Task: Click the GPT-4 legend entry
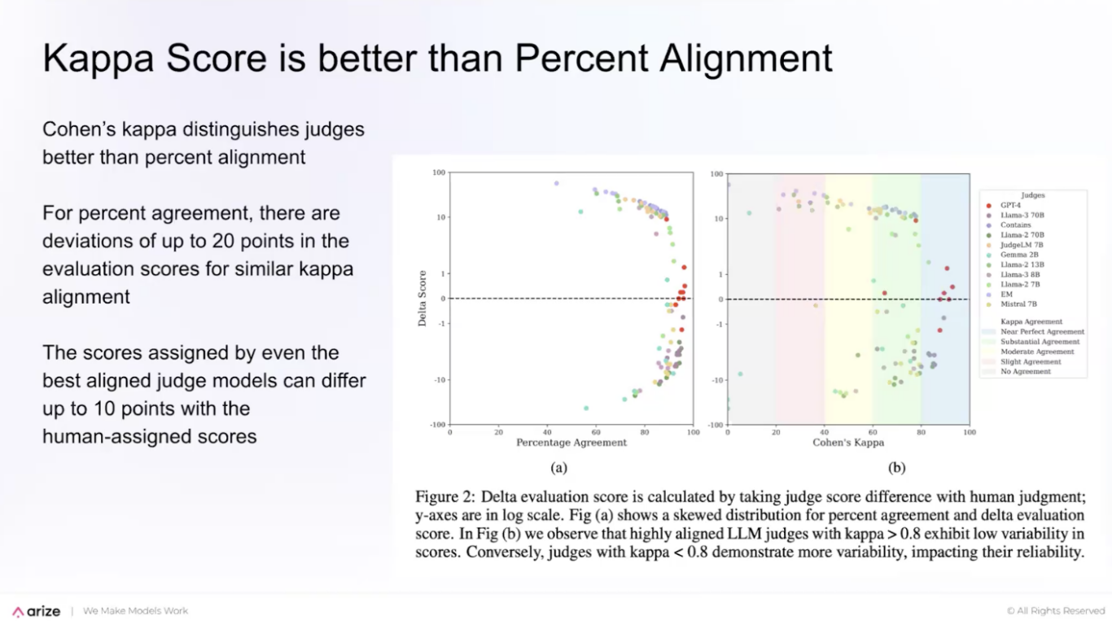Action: click(1009, 205)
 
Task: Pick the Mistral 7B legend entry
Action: click(1018, 304)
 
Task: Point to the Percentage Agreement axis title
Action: click(571, 443)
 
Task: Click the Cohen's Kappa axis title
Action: click(847, 443)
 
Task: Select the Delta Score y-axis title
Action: click(422, 299)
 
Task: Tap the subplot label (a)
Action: click(558, 468)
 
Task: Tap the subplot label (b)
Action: click(896, 468)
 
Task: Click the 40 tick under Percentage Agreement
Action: click(547, 433)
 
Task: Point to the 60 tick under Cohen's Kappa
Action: click(872, 433)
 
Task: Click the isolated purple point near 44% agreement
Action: click(557, 184)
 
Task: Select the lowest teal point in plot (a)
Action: click(586, 408)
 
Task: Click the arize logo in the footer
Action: click(37, 611)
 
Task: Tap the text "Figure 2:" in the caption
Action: click(444, 496)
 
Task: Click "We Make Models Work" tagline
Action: click(135, 611)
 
